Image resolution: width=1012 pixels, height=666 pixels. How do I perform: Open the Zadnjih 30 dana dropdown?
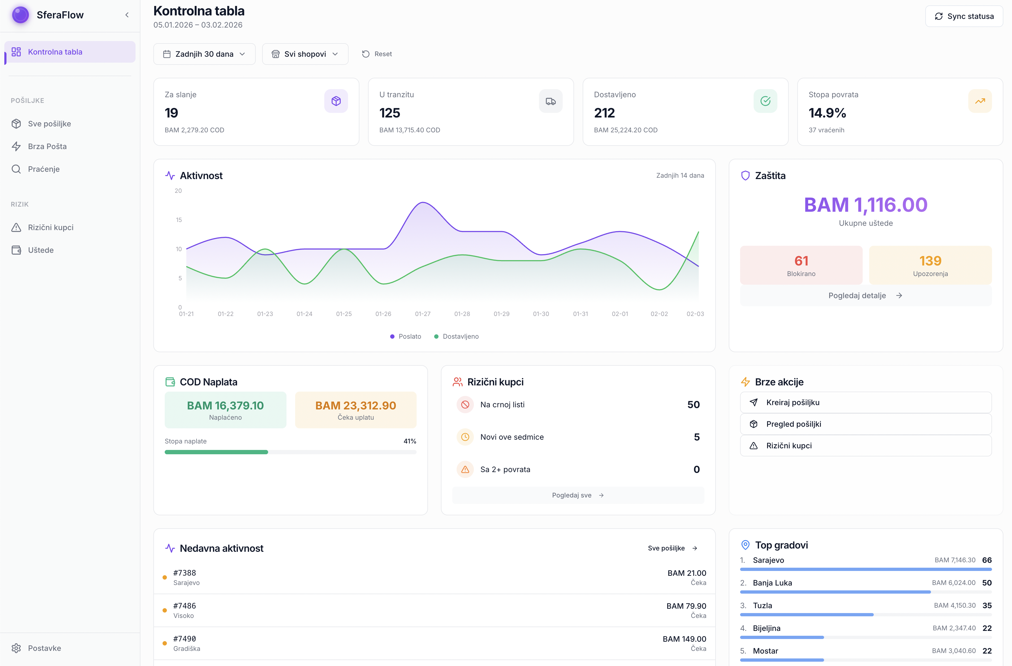(x=204, y=54)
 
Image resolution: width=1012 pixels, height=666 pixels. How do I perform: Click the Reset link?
(x=377, y=54)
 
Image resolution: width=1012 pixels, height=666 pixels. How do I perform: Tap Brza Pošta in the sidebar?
(x=47, y=146)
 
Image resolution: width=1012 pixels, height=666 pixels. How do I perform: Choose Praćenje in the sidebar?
(x=43, y=169)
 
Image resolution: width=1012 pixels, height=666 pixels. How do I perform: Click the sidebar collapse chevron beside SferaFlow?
(x=127, y=15)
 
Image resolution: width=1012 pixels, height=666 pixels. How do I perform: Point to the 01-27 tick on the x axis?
(x=423, y=314)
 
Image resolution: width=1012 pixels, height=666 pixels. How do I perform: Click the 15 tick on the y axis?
(x=178, y=220)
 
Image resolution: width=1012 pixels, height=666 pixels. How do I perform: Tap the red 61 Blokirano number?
(x=801, y=261)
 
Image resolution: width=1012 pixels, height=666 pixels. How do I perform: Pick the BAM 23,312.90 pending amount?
(x=356, y=406)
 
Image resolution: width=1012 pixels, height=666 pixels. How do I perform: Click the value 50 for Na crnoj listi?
(x=693, y=405)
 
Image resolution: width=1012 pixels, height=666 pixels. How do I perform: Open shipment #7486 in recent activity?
(x=184, y=606)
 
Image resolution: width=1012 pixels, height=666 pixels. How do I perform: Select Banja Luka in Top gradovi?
(x=772, y=583)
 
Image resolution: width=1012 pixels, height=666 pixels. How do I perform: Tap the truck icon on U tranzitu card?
(x=550, y=101)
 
